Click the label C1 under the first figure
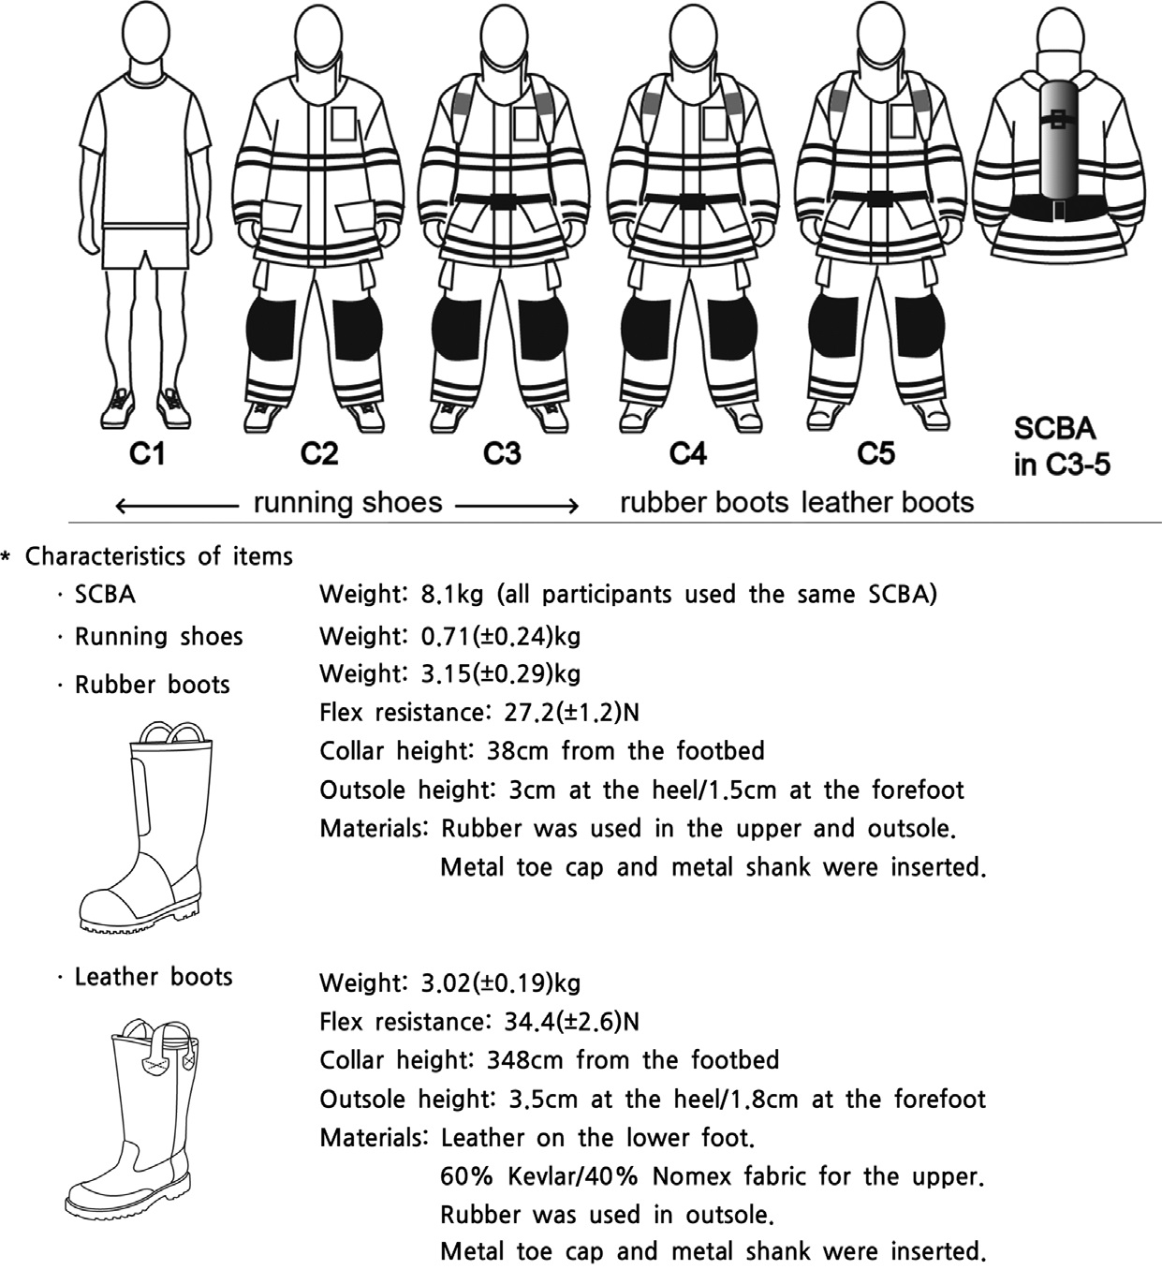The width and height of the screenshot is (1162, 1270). (x=147, y=454)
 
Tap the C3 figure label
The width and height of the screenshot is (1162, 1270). (x=501, y=454)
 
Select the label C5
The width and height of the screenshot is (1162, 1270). (x=875, y=454)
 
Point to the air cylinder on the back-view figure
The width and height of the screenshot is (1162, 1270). (x=1057, y=140)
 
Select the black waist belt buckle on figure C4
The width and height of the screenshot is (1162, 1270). (x=692, y=200)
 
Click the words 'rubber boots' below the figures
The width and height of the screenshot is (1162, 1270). (x=704, y=502)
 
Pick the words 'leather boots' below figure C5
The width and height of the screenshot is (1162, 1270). (x=888, y=502)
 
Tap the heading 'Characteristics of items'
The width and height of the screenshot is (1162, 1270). (x=158, y=556)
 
